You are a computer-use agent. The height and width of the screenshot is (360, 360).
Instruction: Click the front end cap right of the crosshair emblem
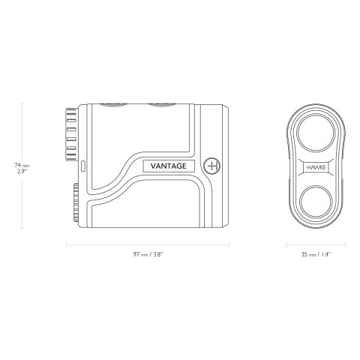[225, 166]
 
